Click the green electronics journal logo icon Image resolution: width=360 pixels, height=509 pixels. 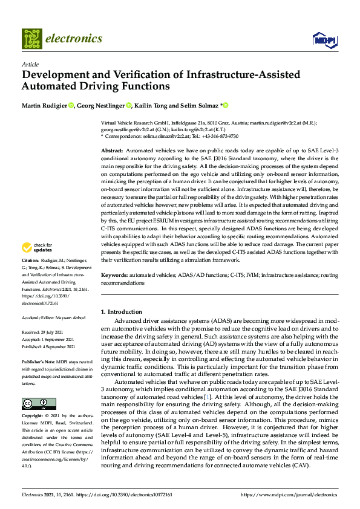(32, 39)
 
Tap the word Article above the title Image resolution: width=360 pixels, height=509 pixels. (30, 64)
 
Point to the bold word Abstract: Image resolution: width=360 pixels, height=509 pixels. (112, 150)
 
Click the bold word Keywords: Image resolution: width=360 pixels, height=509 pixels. (114, 275)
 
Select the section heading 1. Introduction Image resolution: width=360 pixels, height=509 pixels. (119, 311)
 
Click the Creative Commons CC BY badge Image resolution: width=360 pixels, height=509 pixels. (35, 403)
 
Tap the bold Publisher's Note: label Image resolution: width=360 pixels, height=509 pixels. (38, 361)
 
